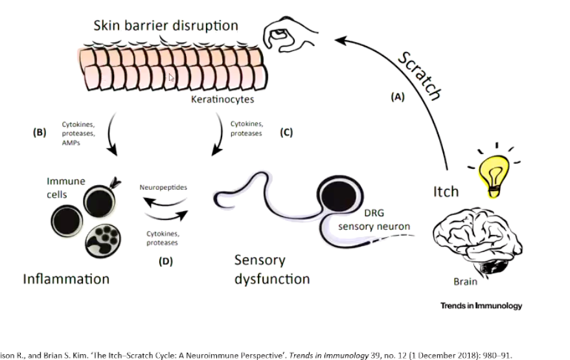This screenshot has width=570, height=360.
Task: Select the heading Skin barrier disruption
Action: click(165, 26)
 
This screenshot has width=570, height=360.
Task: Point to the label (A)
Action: click(397, 97)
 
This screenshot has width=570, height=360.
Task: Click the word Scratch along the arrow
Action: click(419, 76)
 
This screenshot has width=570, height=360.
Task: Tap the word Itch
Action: click(446, 191)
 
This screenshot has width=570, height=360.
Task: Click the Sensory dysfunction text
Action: click(271, 269)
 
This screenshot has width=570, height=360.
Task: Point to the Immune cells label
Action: click(65, 188)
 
